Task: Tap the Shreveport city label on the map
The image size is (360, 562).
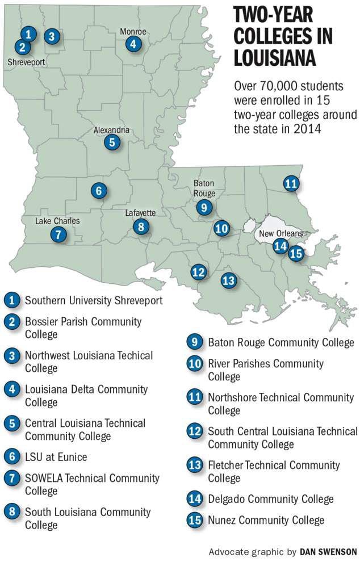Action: click(26, 61)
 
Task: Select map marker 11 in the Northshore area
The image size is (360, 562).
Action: click(291, 183)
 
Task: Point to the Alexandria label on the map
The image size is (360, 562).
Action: click(112, 130)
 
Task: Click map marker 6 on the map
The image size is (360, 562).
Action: click(99, 191)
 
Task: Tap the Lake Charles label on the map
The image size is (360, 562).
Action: click(57, 221)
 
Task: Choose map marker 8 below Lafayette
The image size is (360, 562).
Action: click(141, 227)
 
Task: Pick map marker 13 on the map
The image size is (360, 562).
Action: click(228, 280)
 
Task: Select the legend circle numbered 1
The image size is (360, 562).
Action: click(11, 300)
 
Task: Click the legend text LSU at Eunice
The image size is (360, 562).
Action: click(56, 457)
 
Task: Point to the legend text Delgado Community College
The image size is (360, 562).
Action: click(270, 499)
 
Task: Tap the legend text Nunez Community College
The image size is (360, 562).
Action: click(266, 519)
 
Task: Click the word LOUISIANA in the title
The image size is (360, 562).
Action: click(275, 58)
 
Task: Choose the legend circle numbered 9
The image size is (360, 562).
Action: click(194, 342)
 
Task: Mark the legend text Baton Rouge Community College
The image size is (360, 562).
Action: click(281, 342)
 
